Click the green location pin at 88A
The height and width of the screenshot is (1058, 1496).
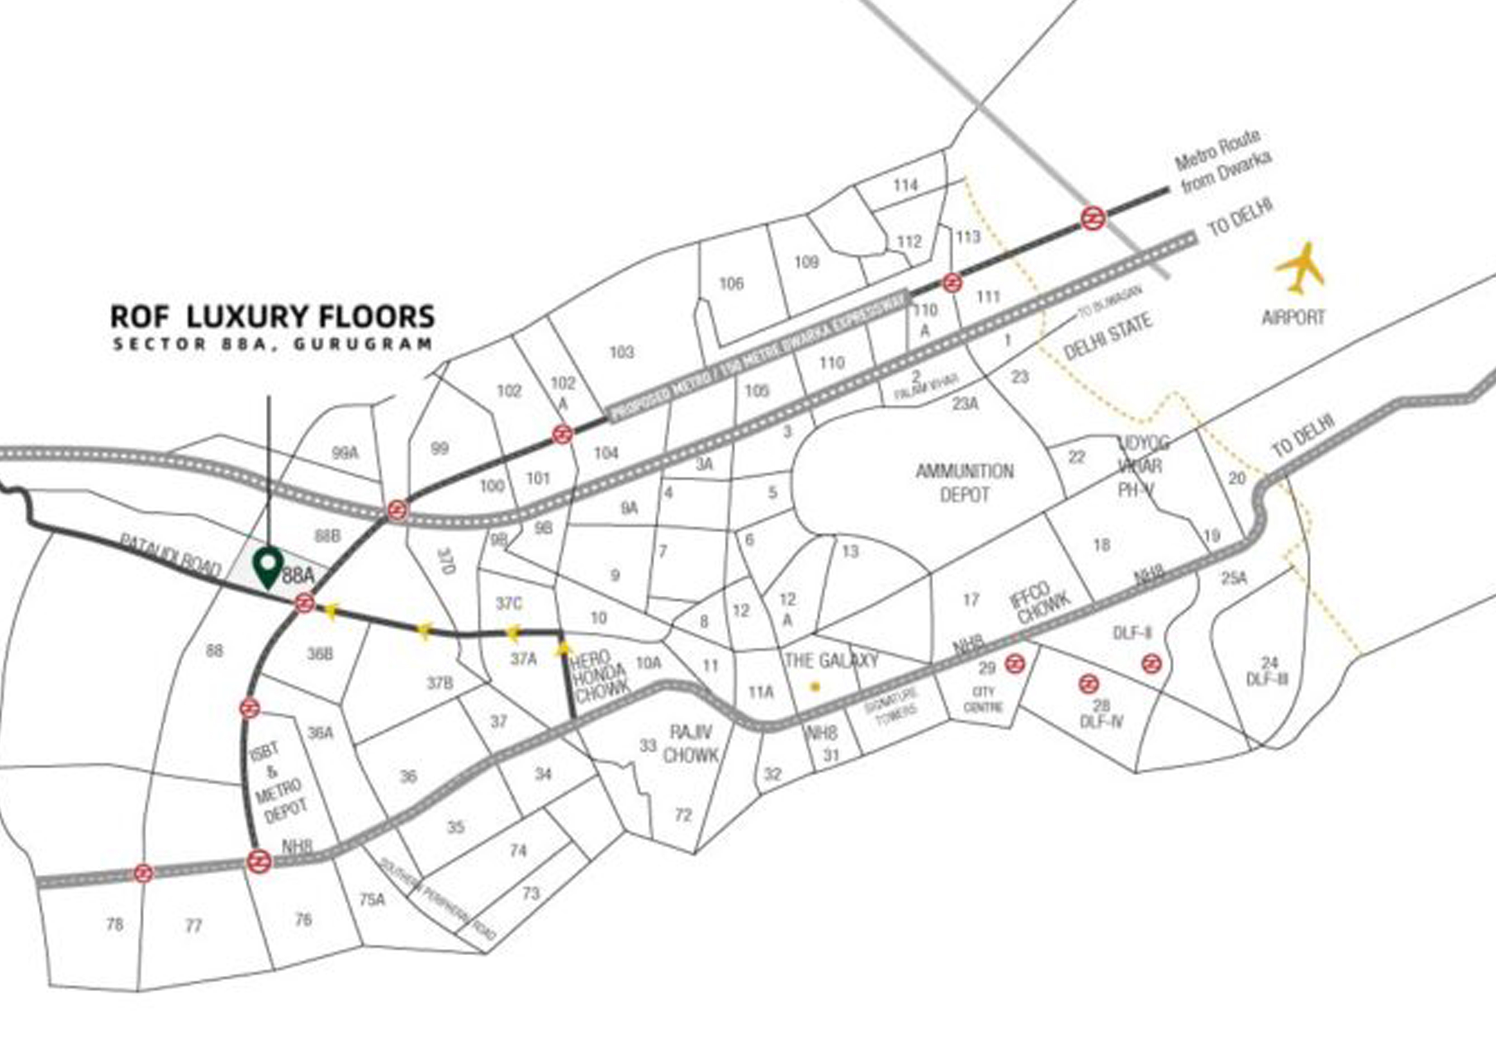click(268, 566)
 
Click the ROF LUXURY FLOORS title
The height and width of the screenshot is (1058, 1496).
click(272, 317)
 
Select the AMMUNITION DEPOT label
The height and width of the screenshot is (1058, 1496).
click(964, 482)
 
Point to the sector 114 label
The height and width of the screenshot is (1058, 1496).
click(905, 185)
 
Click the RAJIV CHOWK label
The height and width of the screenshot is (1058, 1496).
click(691, 743)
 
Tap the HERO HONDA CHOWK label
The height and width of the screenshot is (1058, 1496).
click(599, 676)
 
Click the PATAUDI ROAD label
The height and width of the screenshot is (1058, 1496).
click(170, 556)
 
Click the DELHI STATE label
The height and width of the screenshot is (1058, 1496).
click(1108, 336)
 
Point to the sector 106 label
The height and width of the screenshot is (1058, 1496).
click(731, 284)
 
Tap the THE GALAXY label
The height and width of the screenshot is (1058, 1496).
click(831, 661)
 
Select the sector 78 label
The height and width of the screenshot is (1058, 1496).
click(115, 925)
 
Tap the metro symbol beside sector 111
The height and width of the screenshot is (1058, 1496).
click(952, 283)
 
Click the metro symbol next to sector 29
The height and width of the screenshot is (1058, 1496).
click(1014, 664)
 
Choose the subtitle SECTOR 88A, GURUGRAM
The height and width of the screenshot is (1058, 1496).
click(272, 343)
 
